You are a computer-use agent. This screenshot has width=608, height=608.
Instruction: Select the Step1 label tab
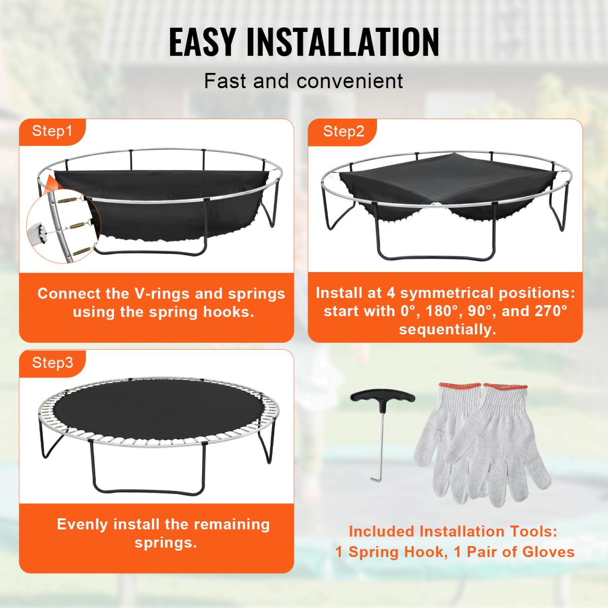(52, 131)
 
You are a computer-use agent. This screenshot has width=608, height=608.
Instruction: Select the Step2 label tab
(344, 132)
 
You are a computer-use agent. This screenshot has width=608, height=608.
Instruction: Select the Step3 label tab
(52, 363)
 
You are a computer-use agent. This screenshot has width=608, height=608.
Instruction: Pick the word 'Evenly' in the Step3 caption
(83, 524)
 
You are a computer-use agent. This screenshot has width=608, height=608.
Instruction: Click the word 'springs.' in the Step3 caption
(165, 543)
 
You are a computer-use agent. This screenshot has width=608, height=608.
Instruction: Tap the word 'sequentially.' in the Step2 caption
(446, 329)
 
